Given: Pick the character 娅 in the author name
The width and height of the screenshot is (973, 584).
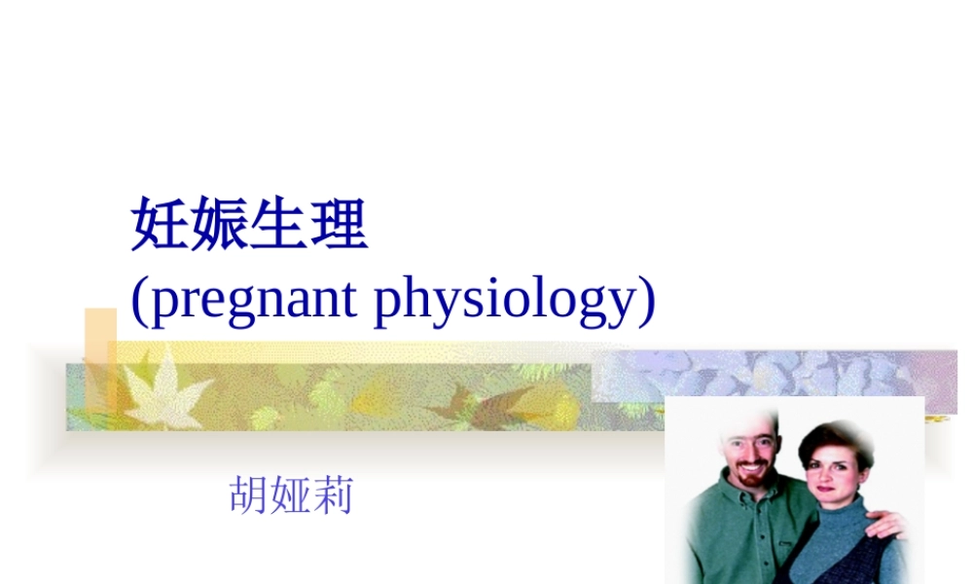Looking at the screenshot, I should point(291,496).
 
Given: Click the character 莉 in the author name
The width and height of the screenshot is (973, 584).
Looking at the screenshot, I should point(333,496).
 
